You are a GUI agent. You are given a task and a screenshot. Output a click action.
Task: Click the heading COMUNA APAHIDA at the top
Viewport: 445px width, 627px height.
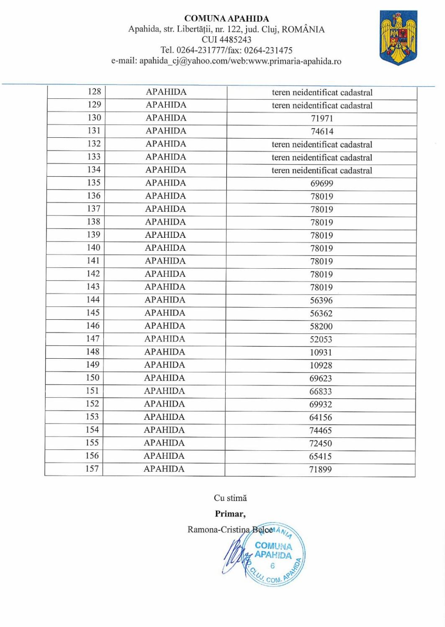[226, 18]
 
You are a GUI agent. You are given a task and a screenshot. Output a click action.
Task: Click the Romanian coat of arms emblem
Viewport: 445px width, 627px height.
[398, 38]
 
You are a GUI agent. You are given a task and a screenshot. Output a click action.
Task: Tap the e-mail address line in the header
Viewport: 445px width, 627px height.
[226, 61]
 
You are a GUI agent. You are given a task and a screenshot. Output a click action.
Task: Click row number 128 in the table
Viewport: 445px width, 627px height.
[94, 92]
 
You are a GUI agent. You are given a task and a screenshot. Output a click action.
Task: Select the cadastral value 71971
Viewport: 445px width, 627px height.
[322, 118]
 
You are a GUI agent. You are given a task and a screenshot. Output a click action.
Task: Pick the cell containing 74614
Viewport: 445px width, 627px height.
[322, 131]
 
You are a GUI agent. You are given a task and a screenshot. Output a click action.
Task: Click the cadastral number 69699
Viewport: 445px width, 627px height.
[322, 183]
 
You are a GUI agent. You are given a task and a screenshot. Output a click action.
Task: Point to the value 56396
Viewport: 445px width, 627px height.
[321, 301]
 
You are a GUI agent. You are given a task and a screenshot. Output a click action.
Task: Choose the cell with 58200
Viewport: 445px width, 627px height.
[321, 326]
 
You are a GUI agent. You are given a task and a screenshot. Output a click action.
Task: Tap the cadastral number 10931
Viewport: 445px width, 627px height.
[321, 352]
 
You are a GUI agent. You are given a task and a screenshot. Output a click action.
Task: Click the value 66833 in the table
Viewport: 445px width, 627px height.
[321, 391]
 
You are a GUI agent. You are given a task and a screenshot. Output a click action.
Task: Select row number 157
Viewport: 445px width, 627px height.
[92, 469]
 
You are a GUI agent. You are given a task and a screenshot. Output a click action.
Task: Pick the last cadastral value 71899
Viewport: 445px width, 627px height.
[320, 470]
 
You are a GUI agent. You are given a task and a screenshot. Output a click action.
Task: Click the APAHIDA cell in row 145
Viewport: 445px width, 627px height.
[165, 313]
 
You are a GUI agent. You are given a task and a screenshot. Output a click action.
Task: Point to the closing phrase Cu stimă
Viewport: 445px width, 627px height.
[230, 498]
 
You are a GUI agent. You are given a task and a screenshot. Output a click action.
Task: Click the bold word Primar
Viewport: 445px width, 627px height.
[230, 514]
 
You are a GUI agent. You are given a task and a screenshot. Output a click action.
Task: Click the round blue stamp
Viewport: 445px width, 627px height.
[275, 555]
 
